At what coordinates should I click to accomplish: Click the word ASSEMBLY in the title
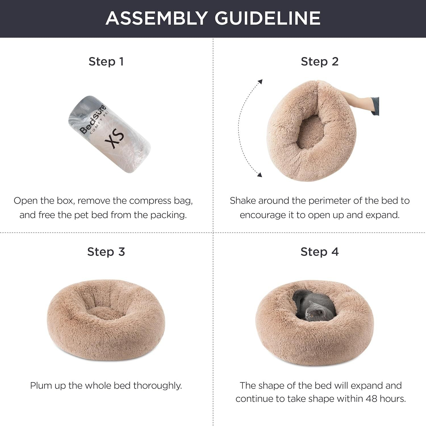point(156,18)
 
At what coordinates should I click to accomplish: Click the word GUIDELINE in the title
point(267,18)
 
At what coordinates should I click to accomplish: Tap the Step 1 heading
point(106,61)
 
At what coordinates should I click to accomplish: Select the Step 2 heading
point(319,61)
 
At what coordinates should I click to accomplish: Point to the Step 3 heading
point(106,252)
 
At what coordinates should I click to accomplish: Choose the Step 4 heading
point(319,252)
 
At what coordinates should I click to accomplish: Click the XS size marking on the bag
point(117,139)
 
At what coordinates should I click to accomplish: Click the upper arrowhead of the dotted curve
point(260,82)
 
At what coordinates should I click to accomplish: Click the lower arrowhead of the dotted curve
point(259,175)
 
